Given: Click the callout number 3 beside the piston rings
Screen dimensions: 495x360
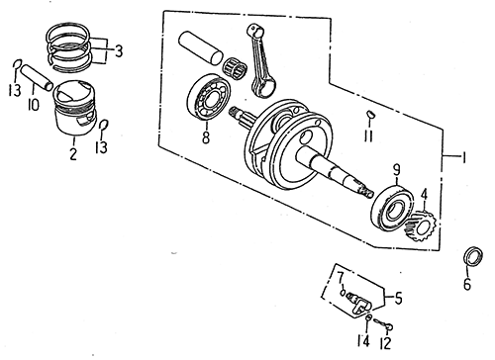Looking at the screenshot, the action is coord(119,50).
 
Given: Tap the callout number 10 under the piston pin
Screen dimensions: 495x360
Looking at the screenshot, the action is coord(34,104).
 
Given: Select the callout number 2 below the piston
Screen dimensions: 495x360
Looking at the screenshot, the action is coord(73,153).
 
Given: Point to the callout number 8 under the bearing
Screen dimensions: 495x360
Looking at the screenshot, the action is coord(206,137).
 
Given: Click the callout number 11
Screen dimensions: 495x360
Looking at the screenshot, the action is coord(368,135).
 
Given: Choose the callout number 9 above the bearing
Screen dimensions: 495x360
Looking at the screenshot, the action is coord(396,170).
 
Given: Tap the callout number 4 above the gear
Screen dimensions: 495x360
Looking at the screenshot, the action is coord(424,194).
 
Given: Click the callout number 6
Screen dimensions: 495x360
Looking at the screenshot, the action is coord(467,284).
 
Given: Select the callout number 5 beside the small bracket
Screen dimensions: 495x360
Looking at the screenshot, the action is coord(398,298).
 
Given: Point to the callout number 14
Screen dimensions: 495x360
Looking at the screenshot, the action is coord(363,341).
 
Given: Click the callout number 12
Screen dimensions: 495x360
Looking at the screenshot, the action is coord(385,343).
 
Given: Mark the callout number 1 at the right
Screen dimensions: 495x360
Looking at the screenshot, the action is coord(463,157).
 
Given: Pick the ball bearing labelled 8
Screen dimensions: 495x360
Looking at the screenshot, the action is coord(209,97).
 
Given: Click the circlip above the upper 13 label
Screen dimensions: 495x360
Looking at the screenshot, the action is coord(17,64).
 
